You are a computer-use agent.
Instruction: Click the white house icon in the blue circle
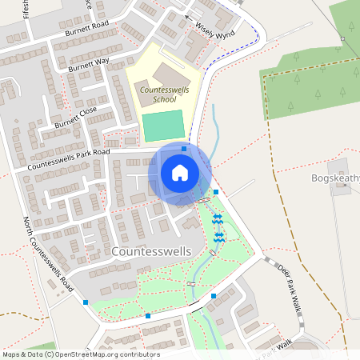click(x=180, y=172)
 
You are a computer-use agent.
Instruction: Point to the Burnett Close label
click(x=76, y=118)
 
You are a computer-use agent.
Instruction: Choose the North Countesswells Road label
click(x=49, y=254)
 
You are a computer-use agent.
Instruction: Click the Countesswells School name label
click(x=164, y=95)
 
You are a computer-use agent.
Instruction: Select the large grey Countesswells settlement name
click(x=152, y=251)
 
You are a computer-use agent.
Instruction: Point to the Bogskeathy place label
click(x=334, y=178)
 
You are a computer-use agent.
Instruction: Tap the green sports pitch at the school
click(x=164, y=126)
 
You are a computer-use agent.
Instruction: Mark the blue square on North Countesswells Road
click(x=86, y=302)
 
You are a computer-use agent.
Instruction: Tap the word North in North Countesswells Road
click(x=29, y=227)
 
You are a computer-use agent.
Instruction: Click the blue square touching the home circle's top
click(x=184, y=148)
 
